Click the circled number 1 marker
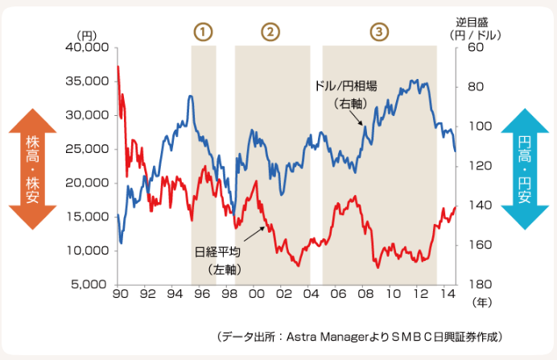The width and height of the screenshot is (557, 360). pyautogui.click(x=203, y=31)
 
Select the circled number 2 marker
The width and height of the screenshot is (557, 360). pyautogui.click(x=270, y=31)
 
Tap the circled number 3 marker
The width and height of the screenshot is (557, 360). pyautogui.click(x=379, y=31)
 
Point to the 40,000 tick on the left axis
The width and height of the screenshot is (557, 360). pyautogui.click(x=86, y=48)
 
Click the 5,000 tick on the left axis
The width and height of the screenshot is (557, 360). pyautogui.click(x=89, y=284)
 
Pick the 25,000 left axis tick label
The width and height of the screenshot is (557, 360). pyautogui.click(x=86, y=149)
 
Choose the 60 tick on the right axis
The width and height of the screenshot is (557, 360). pyautogui.click(x=473, y=48)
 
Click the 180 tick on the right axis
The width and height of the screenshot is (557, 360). pyautogui.click(x=477, y=284)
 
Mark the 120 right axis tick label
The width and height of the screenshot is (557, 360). pyautogui.click(x=477, y=166)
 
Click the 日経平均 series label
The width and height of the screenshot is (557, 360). pyautogui.click(x=217, y=251)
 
